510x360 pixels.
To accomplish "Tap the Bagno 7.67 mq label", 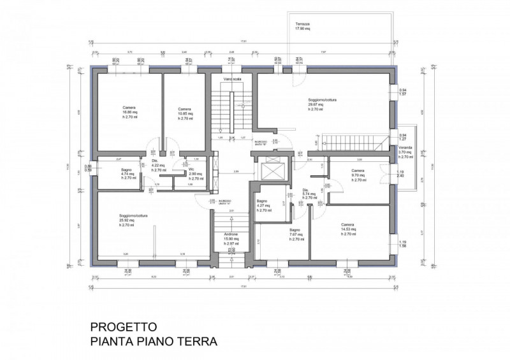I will (295, 234).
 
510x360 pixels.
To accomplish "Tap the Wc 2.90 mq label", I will (196, 174).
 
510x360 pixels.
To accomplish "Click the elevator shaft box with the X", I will (270, 172).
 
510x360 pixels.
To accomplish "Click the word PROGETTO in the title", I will (125, 327).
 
